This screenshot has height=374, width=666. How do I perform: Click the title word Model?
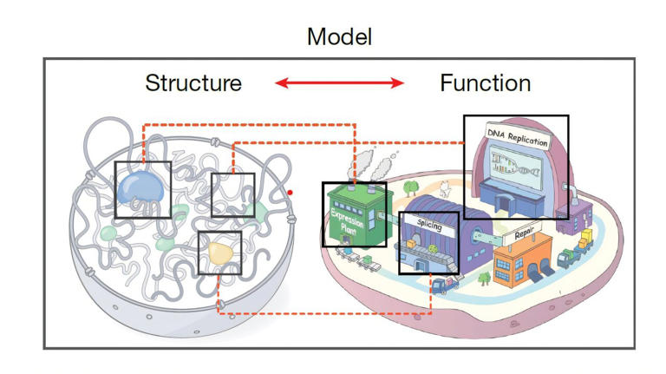339,36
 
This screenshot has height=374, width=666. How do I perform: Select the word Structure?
193,83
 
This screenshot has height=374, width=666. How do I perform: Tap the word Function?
485,83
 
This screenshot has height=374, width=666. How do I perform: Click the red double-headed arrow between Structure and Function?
339,83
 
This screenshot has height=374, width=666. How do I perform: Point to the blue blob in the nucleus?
142,186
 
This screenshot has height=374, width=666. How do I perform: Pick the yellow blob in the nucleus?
220,252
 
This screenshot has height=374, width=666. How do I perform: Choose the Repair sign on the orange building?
523,235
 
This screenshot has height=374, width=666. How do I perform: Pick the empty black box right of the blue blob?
232,194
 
